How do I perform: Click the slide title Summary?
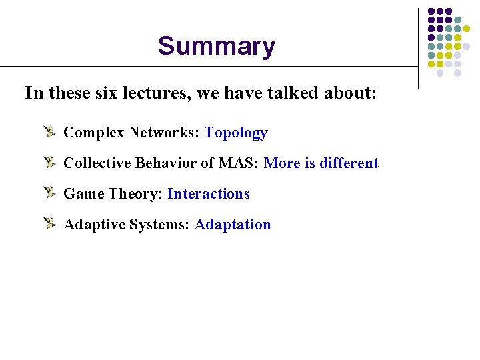click(216, 47)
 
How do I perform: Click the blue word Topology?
click(236, 133)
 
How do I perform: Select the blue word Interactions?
click(208, 194)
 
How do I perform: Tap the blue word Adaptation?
click(233, 225)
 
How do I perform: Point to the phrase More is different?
click(321, 163)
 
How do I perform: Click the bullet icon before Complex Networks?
click(50, 132)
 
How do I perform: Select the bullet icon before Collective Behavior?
click(50, 163)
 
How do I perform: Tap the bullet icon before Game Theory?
click(50, 193)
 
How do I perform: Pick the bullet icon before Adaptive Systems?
click(50, 224)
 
